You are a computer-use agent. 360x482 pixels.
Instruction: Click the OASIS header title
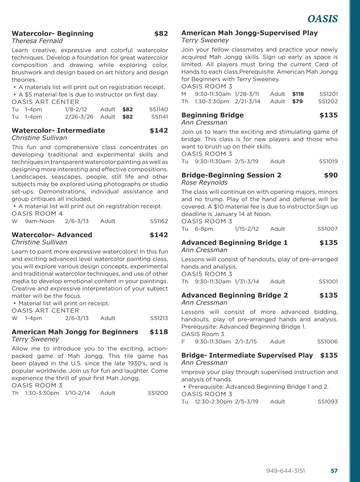tap(322, 19)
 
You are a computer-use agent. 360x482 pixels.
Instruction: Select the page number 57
tap(334, 471)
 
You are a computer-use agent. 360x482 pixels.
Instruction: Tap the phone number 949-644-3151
tap(285, 471)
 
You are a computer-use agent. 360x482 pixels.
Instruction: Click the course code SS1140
tap(158, 110)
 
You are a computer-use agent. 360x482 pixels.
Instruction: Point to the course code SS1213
tap(159, 318)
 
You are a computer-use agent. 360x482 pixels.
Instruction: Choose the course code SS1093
tap(328, 402)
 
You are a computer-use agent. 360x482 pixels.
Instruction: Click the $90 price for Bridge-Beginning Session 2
tap(331, 175)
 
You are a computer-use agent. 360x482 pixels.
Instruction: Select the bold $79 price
tap(297, 101)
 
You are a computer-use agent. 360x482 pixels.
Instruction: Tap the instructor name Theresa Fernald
tap(37, 41)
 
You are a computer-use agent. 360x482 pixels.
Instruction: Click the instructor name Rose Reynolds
tap(204, 182)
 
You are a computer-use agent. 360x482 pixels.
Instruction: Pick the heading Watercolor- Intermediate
tap(58, 131)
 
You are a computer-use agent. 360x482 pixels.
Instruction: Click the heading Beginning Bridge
tap(212, 115)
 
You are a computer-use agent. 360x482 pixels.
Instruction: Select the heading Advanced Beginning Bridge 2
tap(234, 295)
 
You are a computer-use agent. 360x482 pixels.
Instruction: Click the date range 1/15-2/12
tap(247, 229)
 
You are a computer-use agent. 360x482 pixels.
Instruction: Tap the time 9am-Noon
tap(40, 221)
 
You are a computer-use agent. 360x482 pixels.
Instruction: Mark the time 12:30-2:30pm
tap(213, 402)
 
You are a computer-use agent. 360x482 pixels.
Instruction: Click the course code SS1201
tap(328, 94)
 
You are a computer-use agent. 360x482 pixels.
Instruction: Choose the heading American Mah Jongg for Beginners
tap(75, 332)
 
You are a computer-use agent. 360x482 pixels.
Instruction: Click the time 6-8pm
tap(204, 229)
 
